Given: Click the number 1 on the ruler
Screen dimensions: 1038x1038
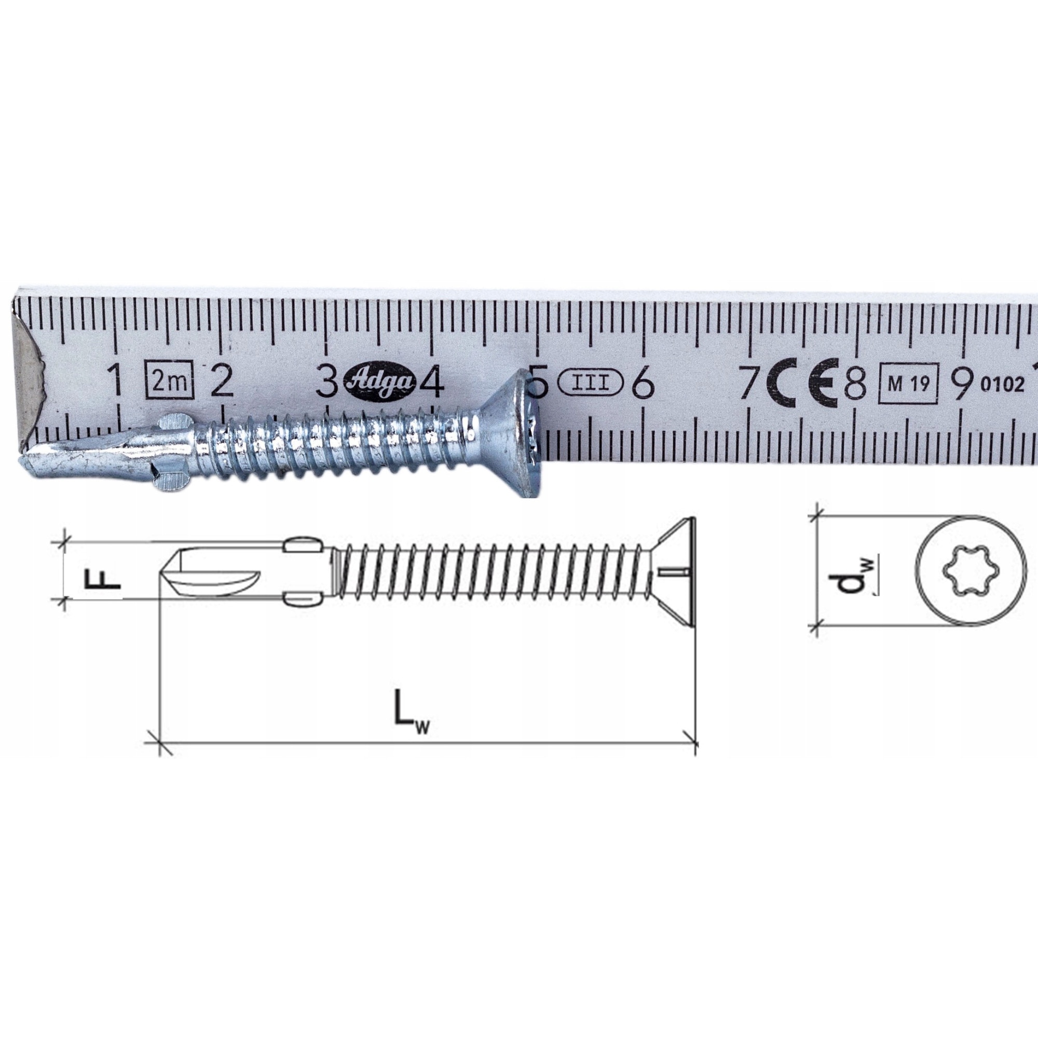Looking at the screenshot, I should (x=114, y=380).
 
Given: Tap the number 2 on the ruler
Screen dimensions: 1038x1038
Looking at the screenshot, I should (x=221, y=380).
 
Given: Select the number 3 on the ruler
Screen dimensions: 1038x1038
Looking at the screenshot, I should (x=326, y=380).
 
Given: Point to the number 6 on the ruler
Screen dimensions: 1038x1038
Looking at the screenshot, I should (x=643, y=383).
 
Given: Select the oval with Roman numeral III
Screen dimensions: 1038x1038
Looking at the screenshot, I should (x=590, y=383).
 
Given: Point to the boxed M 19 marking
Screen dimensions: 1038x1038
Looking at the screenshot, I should (x=908, y=384).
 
